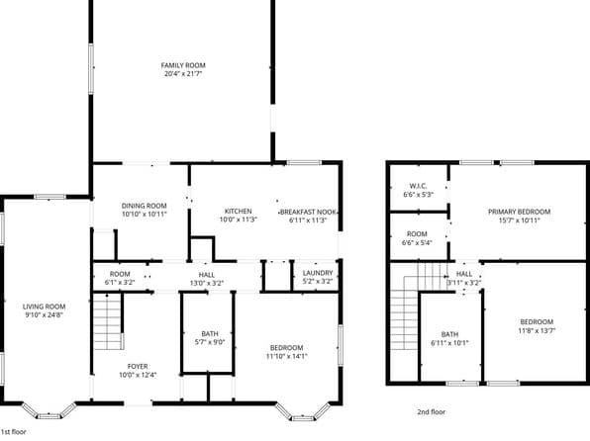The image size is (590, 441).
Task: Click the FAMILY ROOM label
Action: pos(183,65)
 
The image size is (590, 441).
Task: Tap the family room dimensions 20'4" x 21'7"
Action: pos(183,74)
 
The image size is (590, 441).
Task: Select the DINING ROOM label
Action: pos(145,206)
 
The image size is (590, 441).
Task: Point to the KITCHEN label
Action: pos(238,212)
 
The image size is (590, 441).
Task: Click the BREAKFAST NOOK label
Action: pos(308,212)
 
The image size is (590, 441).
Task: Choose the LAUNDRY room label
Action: pos(318,274)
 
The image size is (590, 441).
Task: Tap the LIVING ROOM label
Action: pos(45,307)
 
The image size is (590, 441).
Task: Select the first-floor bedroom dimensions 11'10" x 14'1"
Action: pos(287,356)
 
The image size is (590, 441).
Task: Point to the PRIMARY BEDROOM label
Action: pos(516,212)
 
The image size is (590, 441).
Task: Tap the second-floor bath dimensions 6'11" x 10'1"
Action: pos(449,343)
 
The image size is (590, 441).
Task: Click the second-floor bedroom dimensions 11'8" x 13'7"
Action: pos(536,331)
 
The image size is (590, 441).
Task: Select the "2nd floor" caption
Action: pos(432,410)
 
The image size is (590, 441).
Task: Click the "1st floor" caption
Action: pos(14,432)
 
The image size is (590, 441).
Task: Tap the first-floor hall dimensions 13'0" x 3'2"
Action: pos(207,283)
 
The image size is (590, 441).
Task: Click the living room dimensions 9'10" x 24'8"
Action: pos(45,315)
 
